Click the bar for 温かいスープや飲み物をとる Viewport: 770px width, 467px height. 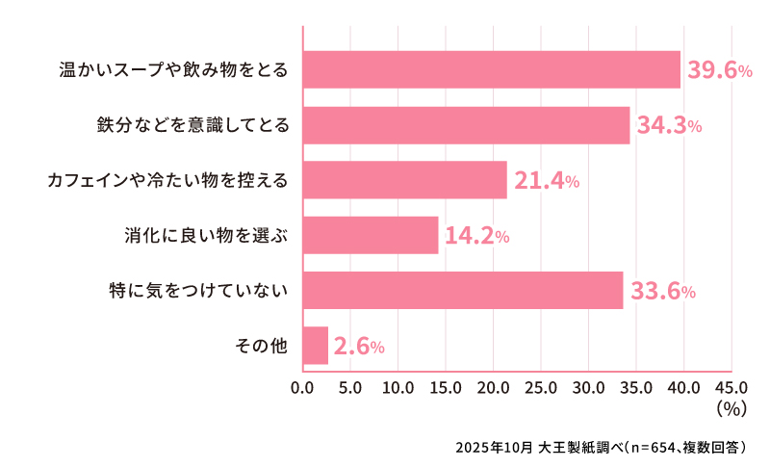491,69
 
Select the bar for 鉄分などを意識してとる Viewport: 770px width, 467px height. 466,125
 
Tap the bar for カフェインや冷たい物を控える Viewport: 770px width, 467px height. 404,180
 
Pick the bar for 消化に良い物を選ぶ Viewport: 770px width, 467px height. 370,235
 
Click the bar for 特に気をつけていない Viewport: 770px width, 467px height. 462,290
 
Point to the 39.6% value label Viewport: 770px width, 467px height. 718,70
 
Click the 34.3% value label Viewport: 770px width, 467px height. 667,125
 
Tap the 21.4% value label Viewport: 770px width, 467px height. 545,180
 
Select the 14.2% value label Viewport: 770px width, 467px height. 475,235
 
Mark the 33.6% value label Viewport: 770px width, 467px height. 661,290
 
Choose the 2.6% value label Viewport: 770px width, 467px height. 359,346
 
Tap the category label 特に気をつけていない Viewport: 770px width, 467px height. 198,290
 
